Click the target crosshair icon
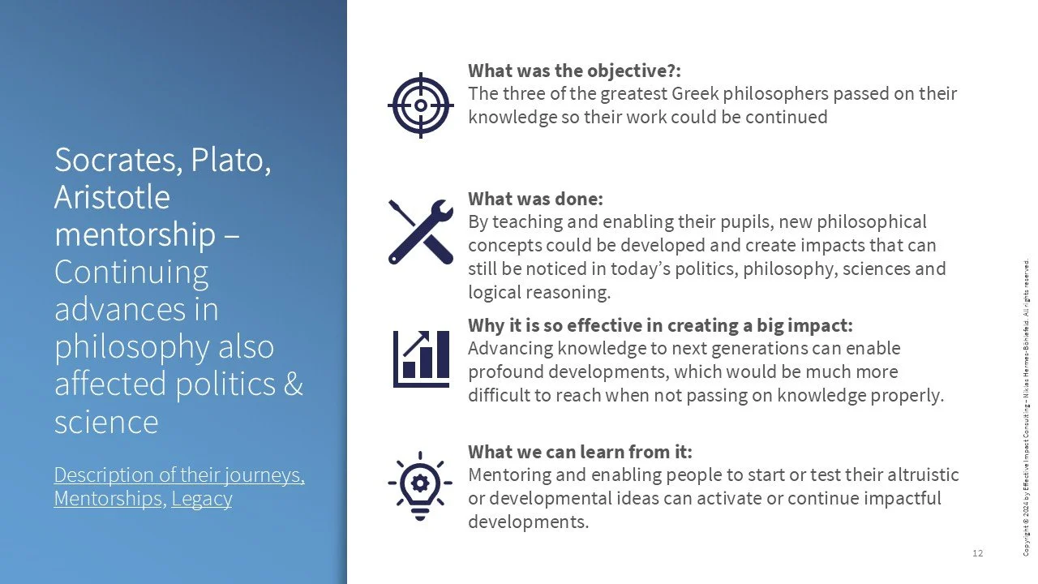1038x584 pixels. pyautogui.click(x=419, y=105)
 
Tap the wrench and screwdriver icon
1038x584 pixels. pyautogui.click(x=420, y=231)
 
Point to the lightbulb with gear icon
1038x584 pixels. pyautogui.click(x=419, y=484)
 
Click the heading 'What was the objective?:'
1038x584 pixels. pyautogui.click(x=574, y=71)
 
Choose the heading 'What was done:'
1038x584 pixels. pyautogui.click(x=535, y=199)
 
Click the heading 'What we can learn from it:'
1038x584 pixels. pyautogui.click(x=580, y=452)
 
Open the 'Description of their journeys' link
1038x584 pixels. pyautogui.click(x=179, y=474)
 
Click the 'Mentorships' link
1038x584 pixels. pyautogui.click(x=108, y=498)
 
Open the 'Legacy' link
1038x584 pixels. pyautogui.click(x=202, y=498)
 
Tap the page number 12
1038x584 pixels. pyautogui.click(x=977, y=553)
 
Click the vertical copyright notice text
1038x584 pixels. pyautogui.click(x=1026, y=406)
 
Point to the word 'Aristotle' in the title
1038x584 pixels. pyautogui.click(x=112, y=197)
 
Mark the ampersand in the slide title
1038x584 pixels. pyautogui.click(x=294, y=384)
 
